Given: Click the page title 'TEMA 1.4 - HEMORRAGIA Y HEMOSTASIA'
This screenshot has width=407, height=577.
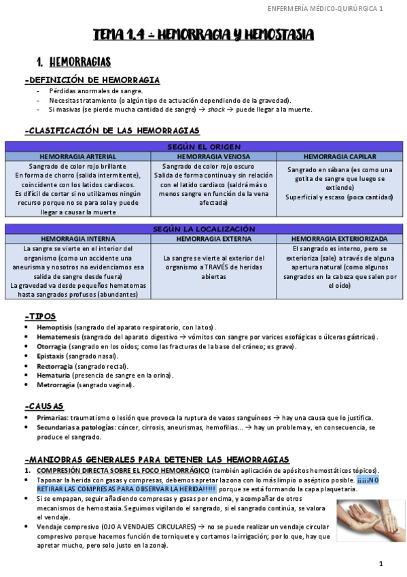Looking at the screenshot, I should [x=203, y=34].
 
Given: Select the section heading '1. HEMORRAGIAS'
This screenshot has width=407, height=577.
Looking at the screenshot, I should [x=74, y=63].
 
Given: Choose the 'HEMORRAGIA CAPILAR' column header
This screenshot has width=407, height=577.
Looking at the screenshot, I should [x=340, y=156].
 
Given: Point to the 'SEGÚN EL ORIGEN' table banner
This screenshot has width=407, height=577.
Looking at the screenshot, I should [x=203, y=146].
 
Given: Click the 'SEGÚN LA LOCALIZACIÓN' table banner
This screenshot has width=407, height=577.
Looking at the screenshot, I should [x=203, y=229].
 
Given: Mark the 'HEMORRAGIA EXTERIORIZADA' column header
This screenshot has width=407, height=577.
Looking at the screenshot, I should [x=340, y=239].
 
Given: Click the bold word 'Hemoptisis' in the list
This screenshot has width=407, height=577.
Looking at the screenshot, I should [x=55, y=328].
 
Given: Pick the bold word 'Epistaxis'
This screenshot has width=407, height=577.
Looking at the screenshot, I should [x=53, y=356].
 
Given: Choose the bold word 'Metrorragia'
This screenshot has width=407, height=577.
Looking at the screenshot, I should [x=56, y=384].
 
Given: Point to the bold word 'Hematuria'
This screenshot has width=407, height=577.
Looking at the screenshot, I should [x=54, y=375].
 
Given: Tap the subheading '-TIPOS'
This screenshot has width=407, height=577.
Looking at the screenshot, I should [x=40, y=316].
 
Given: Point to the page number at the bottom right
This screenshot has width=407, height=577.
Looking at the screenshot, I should [x=381, y=563].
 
